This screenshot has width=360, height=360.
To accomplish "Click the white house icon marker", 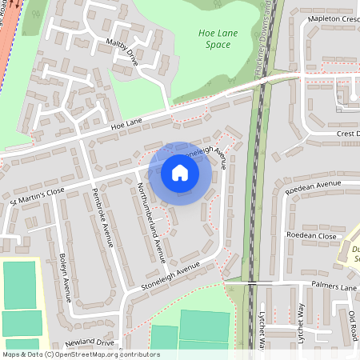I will (x=180, y=173).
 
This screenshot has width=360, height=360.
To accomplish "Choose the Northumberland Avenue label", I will (x=150, y=223).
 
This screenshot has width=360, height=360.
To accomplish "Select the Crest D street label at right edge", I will (x=347, y=133).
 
